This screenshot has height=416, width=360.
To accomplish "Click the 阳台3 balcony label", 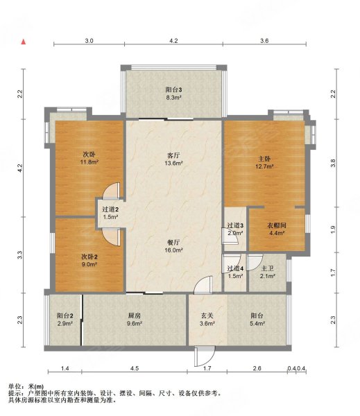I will [x=173, y=89].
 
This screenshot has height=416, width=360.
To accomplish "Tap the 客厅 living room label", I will [x=173, y=155].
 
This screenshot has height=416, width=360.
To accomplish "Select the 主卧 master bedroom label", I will [x=264, y=157].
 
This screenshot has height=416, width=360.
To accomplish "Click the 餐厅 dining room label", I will [x=173, y=242].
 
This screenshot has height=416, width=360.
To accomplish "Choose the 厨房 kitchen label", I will [x=134, y=315].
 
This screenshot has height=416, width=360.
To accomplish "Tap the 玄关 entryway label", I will [x=205, y=315].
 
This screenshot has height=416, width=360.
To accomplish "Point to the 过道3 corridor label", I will [x=235, y=225].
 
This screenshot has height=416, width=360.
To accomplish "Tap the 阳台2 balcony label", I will [x=66, y=315].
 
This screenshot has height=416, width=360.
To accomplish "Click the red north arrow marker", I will [x=23, y=42].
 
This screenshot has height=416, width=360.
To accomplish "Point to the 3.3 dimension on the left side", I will [x=21, y=255].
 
